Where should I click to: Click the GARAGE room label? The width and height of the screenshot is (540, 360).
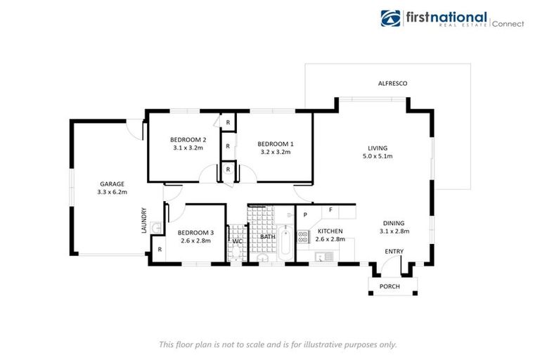point(112,184)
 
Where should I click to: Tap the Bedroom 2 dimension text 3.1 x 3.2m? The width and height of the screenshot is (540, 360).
point(188,148)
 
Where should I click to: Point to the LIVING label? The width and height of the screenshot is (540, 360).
point(378,148)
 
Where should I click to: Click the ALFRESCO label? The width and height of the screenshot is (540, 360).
point(392,84)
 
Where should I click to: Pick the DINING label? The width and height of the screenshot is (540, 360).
point(394,222)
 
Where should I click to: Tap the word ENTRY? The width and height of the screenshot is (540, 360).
point(394,251)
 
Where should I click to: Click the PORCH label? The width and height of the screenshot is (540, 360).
point(390,286)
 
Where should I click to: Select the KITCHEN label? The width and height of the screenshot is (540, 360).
point(330,231)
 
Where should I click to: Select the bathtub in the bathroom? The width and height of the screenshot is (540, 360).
point(285,243)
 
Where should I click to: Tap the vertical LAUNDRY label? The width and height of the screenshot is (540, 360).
point(144,220)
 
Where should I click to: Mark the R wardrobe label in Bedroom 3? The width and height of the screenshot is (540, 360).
point(160,249)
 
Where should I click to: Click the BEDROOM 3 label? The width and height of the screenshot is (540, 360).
point(195,233)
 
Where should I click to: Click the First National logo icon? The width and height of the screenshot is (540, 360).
point(390,19)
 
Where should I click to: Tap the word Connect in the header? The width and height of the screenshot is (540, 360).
point(508,23)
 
